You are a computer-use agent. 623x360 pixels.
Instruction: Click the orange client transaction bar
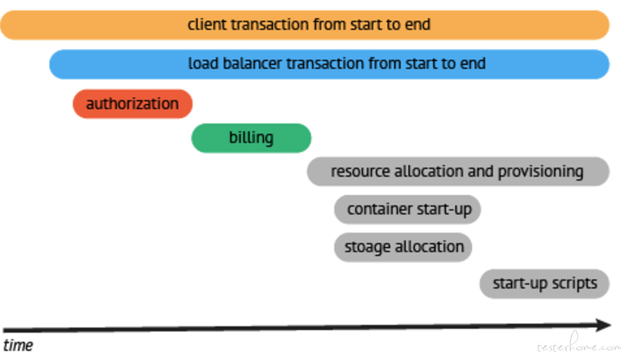(305, 25)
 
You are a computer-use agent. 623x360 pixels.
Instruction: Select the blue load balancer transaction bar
(329, 64)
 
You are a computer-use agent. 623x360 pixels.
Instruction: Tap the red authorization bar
(133, 104)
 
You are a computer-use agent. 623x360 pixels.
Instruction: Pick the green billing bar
(251, 138)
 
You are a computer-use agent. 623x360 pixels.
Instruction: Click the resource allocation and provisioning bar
(458, 172)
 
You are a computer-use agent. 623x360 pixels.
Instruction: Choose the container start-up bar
(407, 209)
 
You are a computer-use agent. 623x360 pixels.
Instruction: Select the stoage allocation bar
(403, 247)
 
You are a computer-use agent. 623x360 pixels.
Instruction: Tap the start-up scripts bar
(544, 284)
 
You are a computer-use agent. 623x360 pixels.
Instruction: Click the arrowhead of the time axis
(603, 325)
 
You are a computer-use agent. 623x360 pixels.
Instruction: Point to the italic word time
(18, 345)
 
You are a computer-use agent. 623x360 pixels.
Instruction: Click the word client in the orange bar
(207, 25)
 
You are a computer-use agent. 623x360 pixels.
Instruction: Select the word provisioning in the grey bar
(540, 172)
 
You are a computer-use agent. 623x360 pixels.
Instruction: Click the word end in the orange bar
(418, 25)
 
